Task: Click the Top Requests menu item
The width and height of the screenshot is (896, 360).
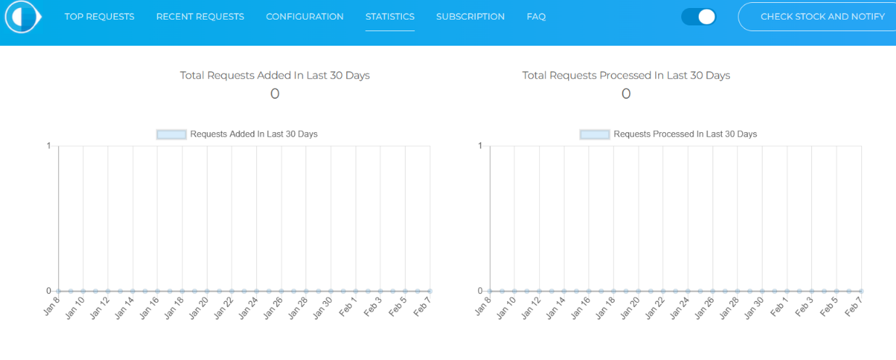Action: point(99,17)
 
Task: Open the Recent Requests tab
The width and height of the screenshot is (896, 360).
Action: point(200,17)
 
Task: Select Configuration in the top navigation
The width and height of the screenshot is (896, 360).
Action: point(305,17)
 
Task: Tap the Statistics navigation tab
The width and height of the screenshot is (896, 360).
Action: point(390,17)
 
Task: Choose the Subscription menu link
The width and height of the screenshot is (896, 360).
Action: point(470,17)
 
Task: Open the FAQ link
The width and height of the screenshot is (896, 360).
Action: point(536,17)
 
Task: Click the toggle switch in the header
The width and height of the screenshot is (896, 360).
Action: point(699,17)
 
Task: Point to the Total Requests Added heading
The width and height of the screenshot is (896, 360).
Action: point(275,75)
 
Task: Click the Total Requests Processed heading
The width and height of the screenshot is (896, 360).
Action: point(626,75)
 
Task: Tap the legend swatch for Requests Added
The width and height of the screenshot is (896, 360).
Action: point(171,134)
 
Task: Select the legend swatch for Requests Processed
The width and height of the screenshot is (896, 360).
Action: point(594,134)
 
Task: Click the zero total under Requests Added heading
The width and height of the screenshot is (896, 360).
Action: point(275,94)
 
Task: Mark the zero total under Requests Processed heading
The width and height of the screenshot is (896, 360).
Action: point(626,94)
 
